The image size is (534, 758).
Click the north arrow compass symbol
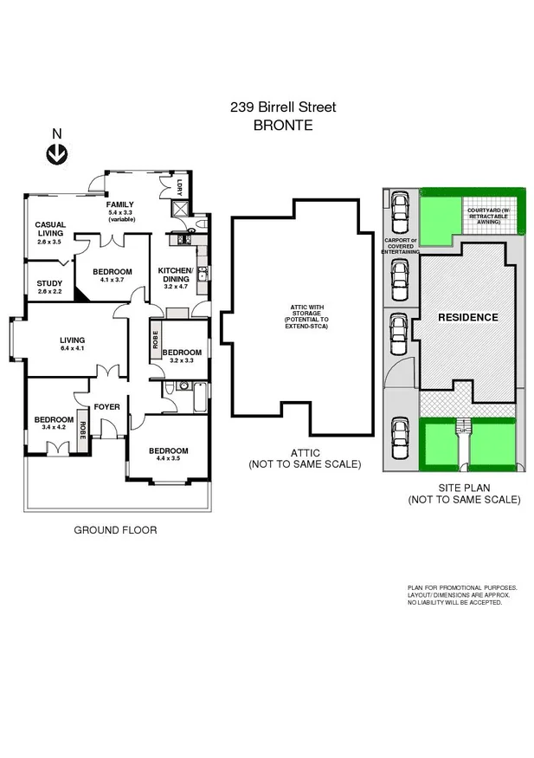click(57, 154)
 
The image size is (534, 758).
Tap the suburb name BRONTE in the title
click(282, 125)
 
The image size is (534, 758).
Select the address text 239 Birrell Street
click(282, 107)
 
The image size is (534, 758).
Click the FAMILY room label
click(120, 204)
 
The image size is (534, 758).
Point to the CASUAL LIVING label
click(50, 229)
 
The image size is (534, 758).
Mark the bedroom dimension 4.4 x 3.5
click(168, 459)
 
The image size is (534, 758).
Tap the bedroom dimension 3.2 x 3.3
click(182, 360)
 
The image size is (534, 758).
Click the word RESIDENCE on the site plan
click(467, 317)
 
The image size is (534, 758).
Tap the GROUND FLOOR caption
click(115, 530)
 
